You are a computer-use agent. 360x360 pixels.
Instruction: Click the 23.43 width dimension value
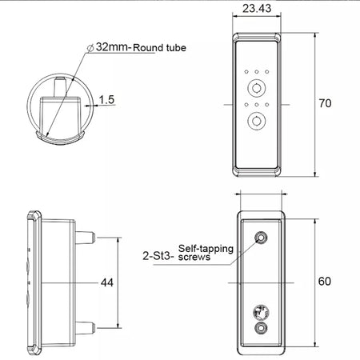[x=258, y=9]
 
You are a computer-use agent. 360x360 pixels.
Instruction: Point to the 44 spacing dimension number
[x=107, y=282]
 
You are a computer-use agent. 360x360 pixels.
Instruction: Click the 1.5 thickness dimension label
[x=107, y=101]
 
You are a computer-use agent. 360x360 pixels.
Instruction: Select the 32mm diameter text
[x=114, y=47]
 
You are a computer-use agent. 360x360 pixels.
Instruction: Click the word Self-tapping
[x=204, y=249]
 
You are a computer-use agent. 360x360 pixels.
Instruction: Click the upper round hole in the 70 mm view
[x=258, y=87]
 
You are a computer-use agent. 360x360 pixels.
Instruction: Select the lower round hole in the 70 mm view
[x=258, y=121]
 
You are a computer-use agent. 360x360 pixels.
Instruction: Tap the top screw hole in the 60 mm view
[x=261, y=238]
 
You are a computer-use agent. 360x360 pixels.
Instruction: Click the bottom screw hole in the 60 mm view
[x=261, y=329]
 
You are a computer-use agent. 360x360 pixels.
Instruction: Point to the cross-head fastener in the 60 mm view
[x=261, y=312]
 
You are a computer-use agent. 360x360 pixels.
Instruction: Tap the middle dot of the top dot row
[x=258, y=70]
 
